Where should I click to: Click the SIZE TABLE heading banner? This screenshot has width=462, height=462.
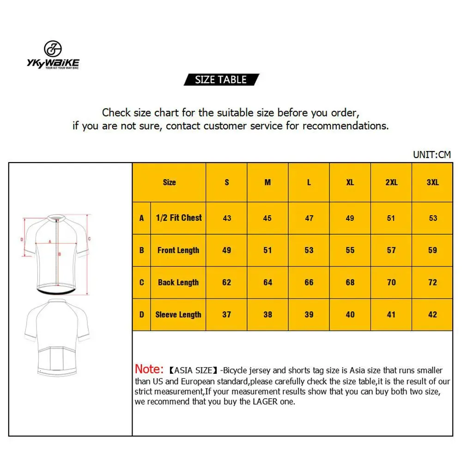point(221,79)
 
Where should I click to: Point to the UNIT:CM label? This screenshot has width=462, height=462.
point(432,155)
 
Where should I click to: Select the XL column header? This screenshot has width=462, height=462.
point(350,182)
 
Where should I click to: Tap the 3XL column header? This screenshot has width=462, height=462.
point(432,182)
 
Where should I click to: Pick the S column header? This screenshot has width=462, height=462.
point(227,182)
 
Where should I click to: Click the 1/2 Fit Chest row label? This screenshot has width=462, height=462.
point(178,218)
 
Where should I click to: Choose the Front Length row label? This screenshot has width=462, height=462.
point(178,250)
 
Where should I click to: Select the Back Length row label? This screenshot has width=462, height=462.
point(178,282)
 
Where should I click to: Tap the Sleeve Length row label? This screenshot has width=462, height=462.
point(178,315)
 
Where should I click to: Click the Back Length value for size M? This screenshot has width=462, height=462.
point(268,282)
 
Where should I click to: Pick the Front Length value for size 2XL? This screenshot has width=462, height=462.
point(391,250)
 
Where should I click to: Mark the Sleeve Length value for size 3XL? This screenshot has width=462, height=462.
point(432,315)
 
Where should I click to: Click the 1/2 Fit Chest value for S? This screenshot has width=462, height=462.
point(227,218)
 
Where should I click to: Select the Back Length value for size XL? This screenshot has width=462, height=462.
point(350,282)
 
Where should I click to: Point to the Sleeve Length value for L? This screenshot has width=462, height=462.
point(309,315)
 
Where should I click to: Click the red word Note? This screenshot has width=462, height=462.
point(149,369)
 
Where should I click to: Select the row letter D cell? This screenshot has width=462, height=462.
point(142,315)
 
